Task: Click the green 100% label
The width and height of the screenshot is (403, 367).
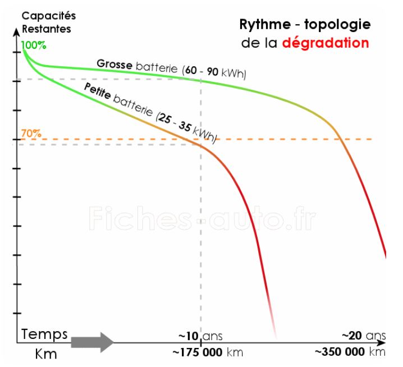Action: click(x=35, y=45)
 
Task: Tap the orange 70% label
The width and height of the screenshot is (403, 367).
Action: click(x=31, y=134)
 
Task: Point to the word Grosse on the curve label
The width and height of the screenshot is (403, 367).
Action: click(x=114, y=63)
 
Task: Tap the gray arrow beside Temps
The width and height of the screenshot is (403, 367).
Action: click(x=93, y=341)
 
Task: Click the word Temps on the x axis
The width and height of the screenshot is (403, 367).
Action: click(x=44, y=335)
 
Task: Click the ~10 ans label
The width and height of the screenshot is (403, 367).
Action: click(x=200, y=336)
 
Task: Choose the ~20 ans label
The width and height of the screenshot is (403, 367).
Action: click(x=364, y=336)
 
